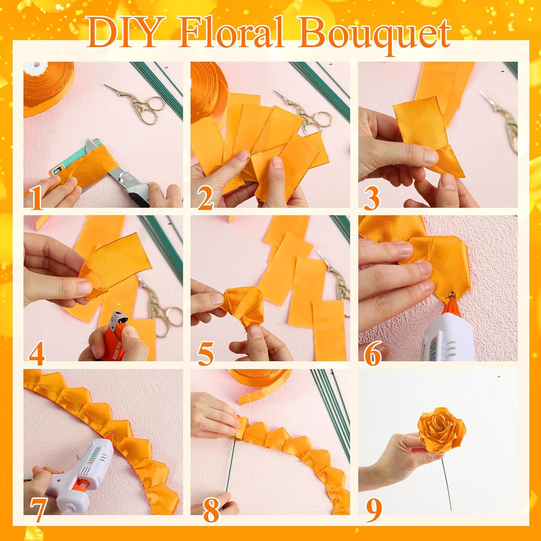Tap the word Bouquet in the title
(x=375, y=34)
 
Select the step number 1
(x=36, y=198)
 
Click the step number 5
(x=206, y=353)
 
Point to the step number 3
(x=371, y=198)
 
